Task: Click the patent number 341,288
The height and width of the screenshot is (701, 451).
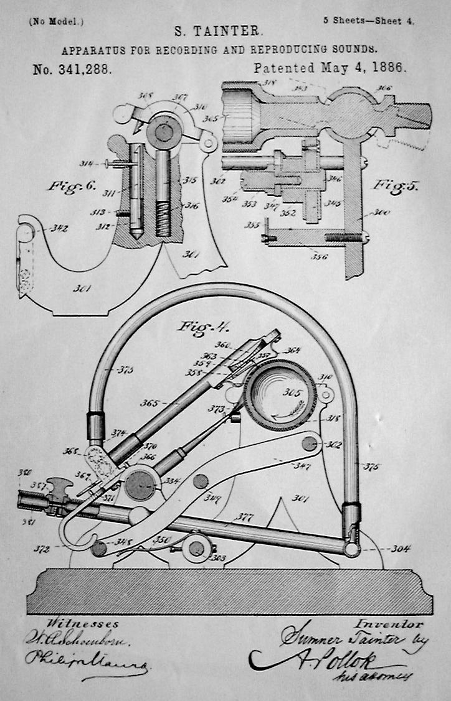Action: (x=73, y=69)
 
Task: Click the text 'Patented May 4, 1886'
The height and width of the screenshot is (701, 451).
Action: (x=330, y=68)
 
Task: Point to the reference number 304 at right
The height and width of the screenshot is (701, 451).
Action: (x=400, y=549)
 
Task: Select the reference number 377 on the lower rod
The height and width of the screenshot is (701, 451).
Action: (x=242, y=516)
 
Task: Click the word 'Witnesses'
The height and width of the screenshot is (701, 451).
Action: (x=74, y=624)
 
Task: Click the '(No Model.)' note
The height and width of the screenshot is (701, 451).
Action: (x=56, y=21)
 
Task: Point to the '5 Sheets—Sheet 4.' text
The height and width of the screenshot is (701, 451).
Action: (x=369, y=20)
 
